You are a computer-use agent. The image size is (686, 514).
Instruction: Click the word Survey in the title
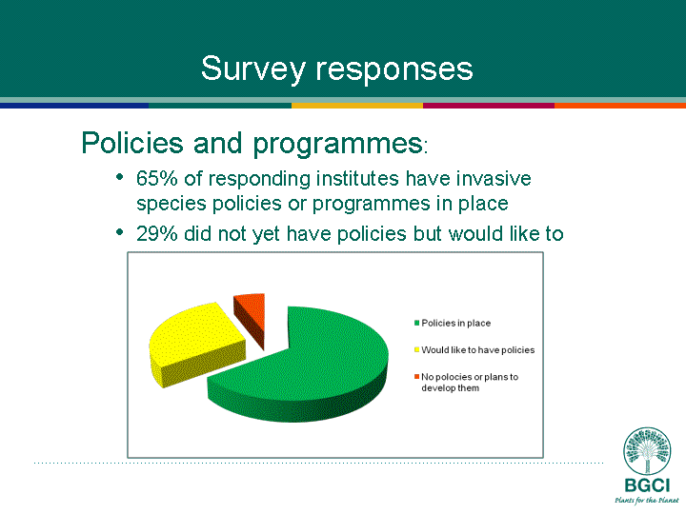click(x=252, y=69)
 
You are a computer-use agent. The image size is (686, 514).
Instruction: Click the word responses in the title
click(x=394, y=69)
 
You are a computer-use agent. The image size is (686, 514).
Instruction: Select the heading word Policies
click(x=132, y=143)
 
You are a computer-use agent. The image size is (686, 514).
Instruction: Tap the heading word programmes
click(x=337, y=145)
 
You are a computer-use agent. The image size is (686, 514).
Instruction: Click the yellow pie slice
click(x=197, y=343)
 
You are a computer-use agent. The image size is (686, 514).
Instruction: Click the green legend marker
click(x=417, y=323)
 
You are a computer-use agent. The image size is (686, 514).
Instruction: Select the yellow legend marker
click(x=417, y=349)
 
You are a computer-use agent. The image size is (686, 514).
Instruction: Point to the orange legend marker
click(x=417, y=377)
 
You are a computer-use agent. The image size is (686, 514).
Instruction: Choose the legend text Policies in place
click(x=455, y=324)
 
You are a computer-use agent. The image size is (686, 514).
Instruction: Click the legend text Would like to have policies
click(x=477, y=350)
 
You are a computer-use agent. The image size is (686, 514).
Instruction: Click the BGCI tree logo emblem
click(x=647, y=450)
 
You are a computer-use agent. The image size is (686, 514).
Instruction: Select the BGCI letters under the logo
click(x=647, y=485)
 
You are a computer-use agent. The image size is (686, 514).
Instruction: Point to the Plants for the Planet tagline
click(x=647, y=500)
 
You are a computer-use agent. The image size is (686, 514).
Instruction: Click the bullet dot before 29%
click(x=119, y=232)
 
